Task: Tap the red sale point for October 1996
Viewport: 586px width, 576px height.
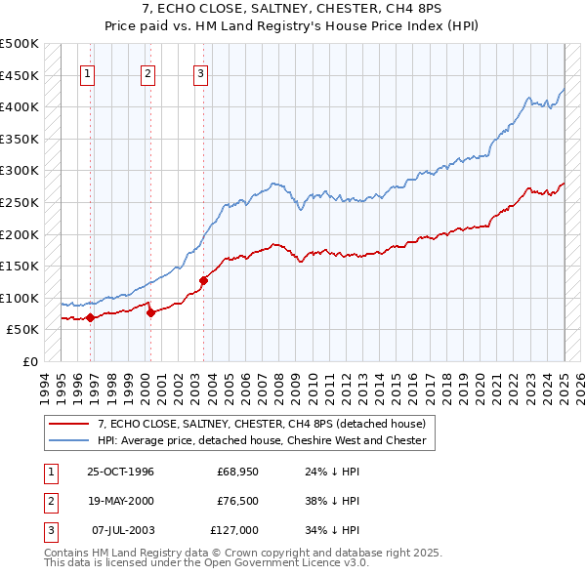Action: [x=90, y=317]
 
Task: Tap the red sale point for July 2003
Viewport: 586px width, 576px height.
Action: [x=204, y=280]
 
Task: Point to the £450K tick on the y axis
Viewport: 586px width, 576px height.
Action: [x=21, y=75]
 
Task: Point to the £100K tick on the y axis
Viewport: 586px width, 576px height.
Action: [x=21, y=298]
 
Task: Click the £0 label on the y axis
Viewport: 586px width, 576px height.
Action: [x=29, y=361]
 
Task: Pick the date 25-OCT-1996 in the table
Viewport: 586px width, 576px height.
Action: [x=121, y=472]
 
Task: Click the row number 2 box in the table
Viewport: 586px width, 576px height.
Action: [x=49, y=501]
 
